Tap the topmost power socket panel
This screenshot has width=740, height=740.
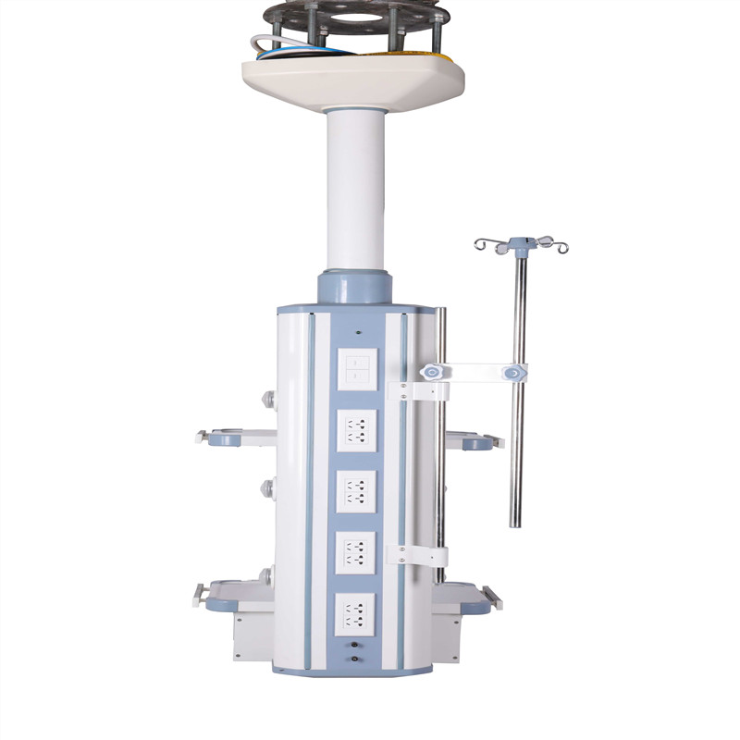coord(356,429)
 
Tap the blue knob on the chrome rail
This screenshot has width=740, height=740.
coord(427,372)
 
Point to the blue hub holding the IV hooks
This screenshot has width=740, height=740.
coord(522,245)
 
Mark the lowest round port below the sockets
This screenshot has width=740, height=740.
coord(355,662)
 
